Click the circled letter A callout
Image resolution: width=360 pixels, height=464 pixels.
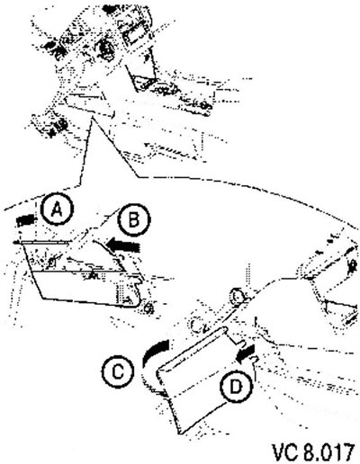click(57, 210)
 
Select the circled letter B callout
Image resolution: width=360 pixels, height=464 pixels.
click(133, 219)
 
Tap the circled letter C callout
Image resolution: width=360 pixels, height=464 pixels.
click(118, 372)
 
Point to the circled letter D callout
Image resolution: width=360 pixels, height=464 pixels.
click(236, 387)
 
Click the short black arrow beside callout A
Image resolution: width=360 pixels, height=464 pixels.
click(26, 220)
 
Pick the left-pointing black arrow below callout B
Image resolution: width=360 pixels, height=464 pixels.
click(123, 245)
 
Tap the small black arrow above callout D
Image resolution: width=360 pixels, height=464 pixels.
click(246, 353)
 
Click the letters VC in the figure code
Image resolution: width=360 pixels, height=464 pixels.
click(285, 452)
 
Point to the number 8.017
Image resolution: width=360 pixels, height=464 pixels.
click(328, 452)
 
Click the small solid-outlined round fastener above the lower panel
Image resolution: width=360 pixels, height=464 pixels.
click(238, 297)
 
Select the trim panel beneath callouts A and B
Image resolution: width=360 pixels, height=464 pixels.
click(81, 272)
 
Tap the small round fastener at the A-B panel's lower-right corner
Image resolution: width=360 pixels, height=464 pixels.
click(148, 308)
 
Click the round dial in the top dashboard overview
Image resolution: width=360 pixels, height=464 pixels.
click(104, 48)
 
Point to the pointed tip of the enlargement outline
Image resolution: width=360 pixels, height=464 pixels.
click(93, 118)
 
